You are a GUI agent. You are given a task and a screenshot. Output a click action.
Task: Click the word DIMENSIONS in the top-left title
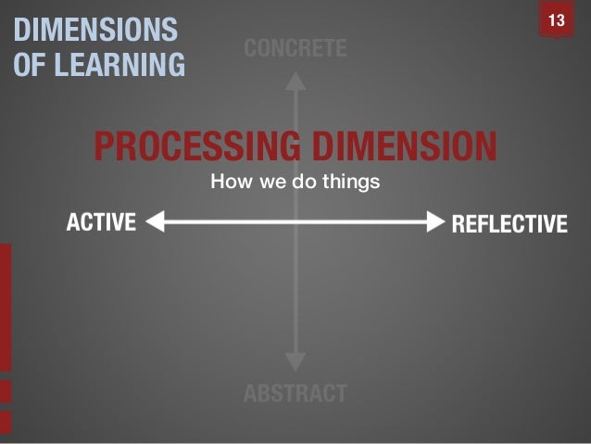click(94, 31)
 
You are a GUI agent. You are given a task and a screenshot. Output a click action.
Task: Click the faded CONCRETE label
click(295, 49)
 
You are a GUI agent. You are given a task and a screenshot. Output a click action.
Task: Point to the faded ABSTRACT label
click(295, 394)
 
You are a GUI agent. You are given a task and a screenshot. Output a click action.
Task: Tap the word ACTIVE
click(101, 222)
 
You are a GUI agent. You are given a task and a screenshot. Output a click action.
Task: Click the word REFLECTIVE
click(508, 223)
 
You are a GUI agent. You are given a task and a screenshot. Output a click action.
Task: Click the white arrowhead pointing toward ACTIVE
click(155, 222)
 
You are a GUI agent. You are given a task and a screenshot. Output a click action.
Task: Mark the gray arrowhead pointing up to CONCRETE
click(295, 82)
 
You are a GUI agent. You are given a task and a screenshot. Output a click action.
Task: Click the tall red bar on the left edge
click(6, 306)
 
